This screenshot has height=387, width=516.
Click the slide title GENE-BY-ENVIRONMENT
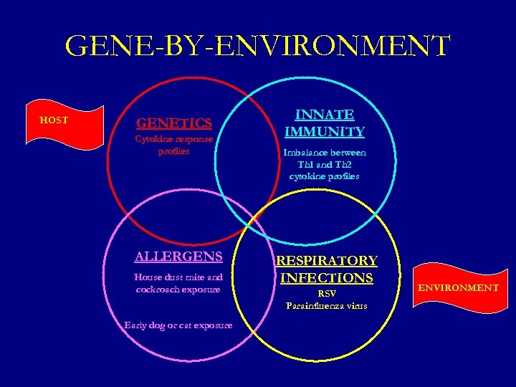[257, 46]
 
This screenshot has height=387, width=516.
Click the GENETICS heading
[174, 123]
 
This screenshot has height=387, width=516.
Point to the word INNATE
[325, 115]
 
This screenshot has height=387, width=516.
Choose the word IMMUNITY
[325, 131]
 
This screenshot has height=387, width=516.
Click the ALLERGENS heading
[178, 257]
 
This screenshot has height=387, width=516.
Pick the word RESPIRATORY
[327, 261]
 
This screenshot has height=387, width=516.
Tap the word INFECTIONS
[327, 277]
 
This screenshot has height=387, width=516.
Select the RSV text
[327, 293]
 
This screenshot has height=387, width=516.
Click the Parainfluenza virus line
[327, 305]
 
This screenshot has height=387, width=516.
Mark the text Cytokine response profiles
[174, 145]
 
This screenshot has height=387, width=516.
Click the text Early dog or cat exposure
[178, 325]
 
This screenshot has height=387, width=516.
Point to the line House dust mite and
[178, 277]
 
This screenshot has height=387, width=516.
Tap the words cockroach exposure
[178, 290]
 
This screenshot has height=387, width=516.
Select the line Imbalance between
[325, 153]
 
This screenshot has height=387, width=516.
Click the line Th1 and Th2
[325, 164]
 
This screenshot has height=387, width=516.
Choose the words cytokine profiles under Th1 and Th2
[325, 176]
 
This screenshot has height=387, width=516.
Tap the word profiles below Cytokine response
[174, 151]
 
